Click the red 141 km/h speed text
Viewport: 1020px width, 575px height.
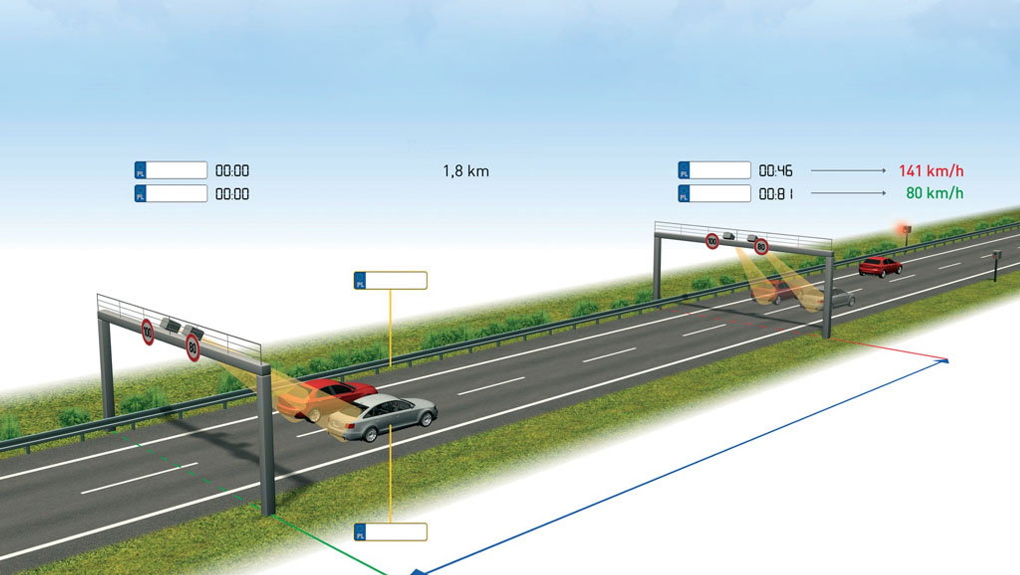tap(931, 171)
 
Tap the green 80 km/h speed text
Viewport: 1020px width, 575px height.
tap(934, 193)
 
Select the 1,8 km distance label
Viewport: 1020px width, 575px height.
tap(466, 171)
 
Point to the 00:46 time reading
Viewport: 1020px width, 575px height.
tap(775, 171)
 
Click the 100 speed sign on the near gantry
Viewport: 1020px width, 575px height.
tap(148, 332)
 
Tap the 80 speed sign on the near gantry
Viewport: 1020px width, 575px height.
tap(193, 348)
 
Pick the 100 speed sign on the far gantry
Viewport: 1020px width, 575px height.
tap(712, 241)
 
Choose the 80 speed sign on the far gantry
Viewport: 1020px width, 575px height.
tap(761, 247)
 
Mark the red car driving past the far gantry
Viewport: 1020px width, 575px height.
tap(879, 266)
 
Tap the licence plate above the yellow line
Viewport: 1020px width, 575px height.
tap(390, 280)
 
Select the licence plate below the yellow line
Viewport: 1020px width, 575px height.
tap(390, 532)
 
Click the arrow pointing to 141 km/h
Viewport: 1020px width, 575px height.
tap(848, 170)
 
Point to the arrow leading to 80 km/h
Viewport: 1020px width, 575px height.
tap(848, 193)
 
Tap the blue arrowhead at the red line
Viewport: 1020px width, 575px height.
tap(945, 360)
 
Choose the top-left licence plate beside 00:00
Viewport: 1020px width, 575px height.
tap(171, 170)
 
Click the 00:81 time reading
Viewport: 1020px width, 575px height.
tap(776, 194)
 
